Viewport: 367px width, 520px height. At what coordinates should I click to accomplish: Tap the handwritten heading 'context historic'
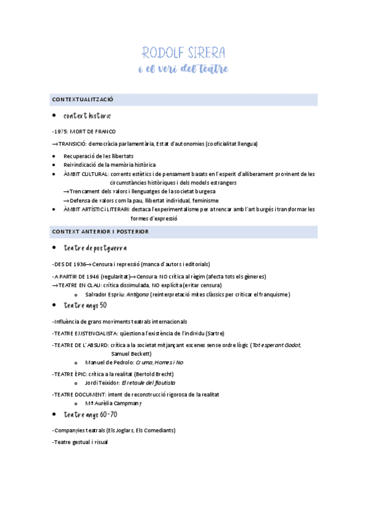pos(87,116)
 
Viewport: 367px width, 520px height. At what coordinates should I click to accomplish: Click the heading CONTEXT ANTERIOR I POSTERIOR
pos(100,231)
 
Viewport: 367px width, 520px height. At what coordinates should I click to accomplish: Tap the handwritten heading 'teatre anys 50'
pos(85,305)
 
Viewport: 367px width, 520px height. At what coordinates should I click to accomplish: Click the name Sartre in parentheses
pos(214,333)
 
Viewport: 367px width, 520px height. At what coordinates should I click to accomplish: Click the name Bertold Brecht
pos(157,374)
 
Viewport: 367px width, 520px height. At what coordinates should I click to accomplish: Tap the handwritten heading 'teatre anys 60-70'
pos(90,415)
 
